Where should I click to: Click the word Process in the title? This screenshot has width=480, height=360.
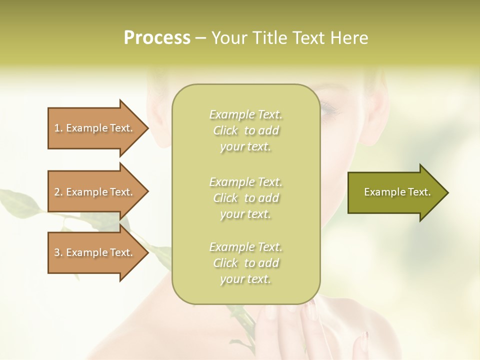click(x=157, y=38)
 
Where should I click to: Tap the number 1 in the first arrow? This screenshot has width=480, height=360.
click(x=57, y=128)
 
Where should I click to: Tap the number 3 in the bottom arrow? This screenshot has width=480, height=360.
click(x=57, y=252)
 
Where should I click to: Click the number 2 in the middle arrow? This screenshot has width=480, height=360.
click(x=57, y=192)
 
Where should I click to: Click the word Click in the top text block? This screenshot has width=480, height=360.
click(x=225, y=131)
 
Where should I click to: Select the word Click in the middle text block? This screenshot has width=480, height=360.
click(x=225, y=198)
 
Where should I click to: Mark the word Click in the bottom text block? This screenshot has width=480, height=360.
click(x=225, y=263)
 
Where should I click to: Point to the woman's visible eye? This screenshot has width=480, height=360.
click(x=329, y=107)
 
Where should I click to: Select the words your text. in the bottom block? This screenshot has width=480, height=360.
click(x=245, y=279)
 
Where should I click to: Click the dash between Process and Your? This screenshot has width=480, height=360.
click(x=201, y=38)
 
